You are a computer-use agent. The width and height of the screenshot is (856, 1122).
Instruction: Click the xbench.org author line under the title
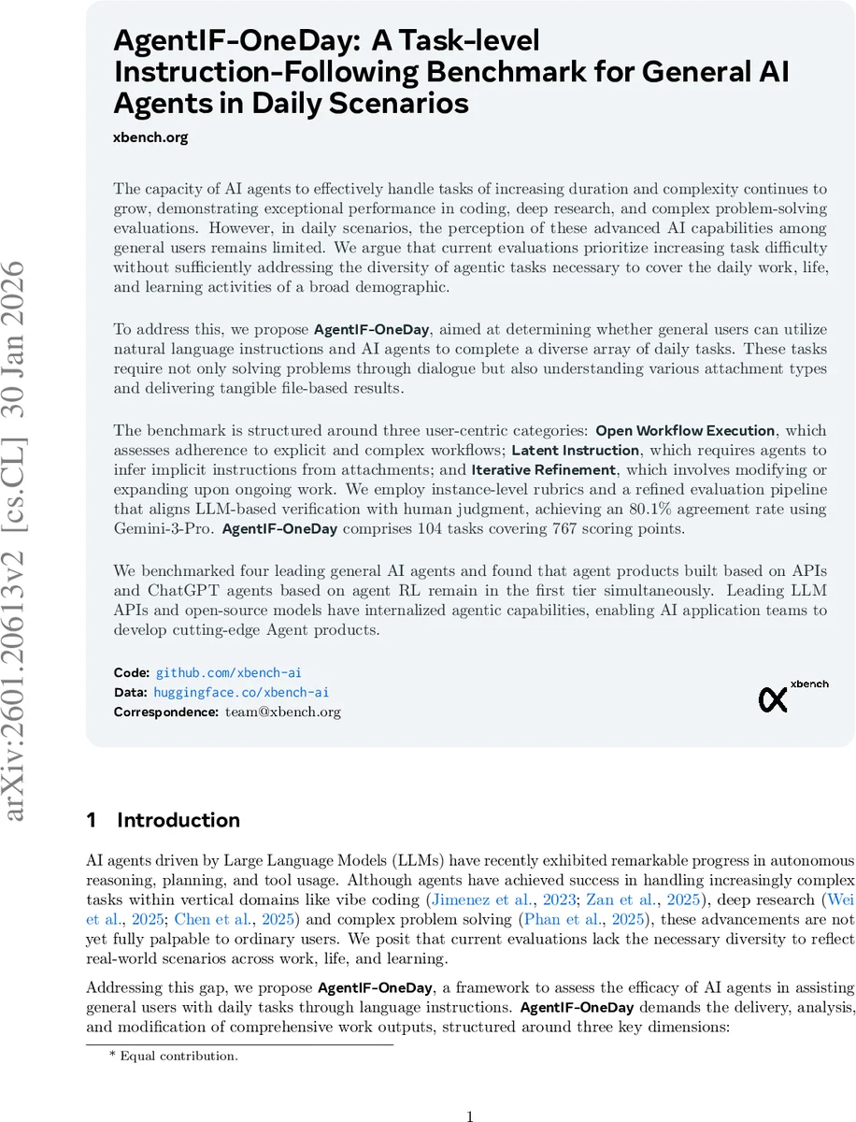150,137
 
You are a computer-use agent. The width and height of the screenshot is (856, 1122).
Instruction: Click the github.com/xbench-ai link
228,672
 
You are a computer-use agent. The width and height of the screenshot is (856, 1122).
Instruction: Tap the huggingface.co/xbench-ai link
241,692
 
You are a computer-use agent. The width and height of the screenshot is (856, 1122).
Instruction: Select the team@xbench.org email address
283,712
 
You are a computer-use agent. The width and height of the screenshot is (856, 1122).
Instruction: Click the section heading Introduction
178,820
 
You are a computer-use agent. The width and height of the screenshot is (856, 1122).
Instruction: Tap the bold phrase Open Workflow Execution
685,431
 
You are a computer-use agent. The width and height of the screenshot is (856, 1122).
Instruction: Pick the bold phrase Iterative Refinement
543,470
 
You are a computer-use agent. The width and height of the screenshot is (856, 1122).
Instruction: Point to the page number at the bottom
471,1089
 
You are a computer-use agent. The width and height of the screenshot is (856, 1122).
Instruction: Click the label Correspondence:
166,712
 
